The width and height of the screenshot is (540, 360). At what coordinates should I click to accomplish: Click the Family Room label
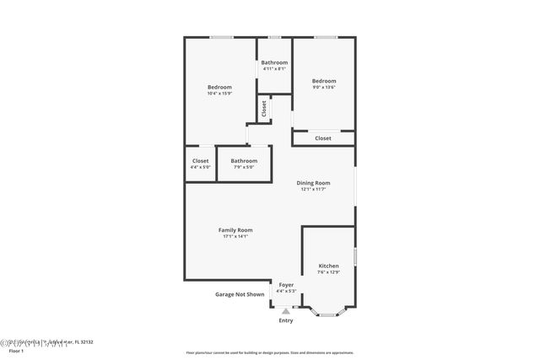(235, 230)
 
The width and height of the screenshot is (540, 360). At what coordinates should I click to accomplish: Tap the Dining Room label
(313, 183)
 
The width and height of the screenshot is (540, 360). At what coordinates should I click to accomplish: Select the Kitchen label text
(328, 266)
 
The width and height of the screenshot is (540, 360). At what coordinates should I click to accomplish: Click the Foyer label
(286, 285)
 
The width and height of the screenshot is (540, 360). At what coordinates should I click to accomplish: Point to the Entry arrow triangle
(286, 311)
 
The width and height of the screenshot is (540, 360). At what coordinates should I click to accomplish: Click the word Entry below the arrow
(286, 320)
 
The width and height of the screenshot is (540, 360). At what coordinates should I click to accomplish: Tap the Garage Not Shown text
(240, 294)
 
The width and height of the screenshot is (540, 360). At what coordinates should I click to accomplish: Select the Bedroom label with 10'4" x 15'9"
(219, 87)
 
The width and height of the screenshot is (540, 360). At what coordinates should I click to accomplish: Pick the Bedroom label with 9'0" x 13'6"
(324, 81)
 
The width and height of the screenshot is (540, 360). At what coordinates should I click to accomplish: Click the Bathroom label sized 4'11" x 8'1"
(274, 62)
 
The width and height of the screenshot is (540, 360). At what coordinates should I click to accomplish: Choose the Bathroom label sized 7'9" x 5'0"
(244, 160)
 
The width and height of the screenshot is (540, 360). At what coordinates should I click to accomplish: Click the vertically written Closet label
(264, 109)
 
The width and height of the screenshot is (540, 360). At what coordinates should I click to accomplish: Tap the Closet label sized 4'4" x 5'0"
(201, 160)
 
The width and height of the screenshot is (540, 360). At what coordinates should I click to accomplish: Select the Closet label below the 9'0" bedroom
(323, 138)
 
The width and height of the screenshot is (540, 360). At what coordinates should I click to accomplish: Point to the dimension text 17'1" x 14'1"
(235, 237)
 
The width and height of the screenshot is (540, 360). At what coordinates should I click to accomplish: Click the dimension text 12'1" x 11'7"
(313, 190)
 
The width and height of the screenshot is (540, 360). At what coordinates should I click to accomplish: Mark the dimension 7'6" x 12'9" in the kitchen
(328, 272)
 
